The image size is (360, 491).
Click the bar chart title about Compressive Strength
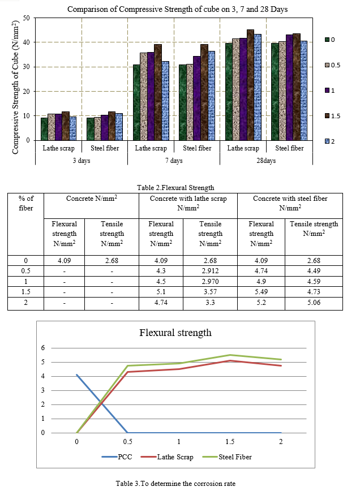click(177, 9)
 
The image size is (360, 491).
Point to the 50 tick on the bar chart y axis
click(27, 18)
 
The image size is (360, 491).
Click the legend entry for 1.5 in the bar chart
click(333, 116)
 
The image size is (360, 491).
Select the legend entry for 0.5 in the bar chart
click(333, 65)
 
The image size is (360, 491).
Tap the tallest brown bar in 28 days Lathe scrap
click(250, 85)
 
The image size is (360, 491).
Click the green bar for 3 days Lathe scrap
click(44, 129)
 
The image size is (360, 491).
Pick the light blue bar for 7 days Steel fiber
click(212, 96)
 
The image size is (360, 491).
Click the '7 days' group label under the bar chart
click(174, 161)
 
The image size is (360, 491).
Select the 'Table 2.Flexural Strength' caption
click(175, 188)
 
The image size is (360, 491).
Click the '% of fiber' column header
click(25, 203)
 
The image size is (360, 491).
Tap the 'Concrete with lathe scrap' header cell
click(188, 203)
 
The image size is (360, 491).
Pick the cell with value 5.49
click(261, 292)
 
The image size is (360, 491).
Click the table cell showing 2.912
click(210, 271)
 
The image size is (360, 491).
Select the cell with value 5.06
click(314, 303)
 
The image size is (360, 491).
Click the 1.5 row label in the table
click(25, 292)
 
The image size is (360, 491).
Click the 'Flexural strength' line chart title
click(175, 333)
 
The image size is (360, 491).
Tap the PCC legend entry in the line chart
click(117, 457)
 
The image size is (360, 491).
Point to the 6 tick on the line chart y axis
click(43, 348)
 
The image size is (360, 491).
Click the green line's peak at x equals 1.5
click(230, 355)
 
